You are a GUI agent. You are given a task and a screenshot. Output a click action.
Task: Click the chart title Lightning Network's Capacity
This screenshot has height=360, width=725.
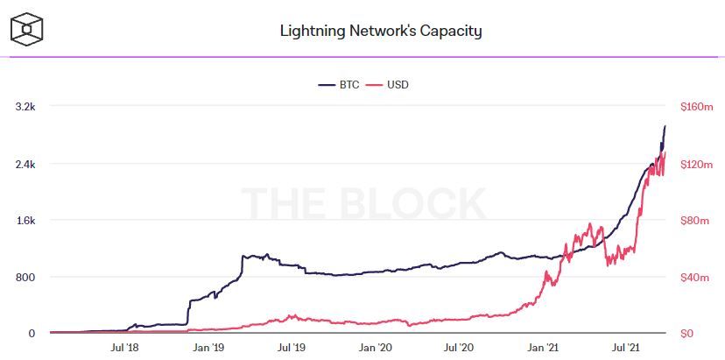tap(381, 32)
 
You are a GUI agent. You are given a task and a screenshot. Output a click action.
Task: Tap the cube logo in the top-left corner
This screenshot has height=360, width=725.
tap(27, 32)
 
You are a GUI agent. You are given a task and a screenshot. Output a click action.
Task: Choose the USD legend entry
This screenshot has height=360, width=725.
tap(390, 85)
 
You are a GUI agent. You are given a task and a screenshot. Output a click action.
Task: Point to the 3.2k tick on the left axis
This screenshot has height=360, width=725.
tap(25, 107)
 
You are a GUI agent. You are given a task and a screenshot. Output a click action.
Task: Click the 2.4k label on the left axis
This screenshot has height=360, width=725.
tap(25, 164)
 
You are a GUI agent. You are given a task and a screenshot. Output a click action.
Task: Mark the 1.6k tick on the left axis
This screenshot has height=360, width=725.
tap(25, 221)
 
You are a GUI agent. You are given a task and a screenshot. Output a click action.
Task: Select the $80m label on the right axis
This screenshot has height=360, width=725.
tap(696, 221)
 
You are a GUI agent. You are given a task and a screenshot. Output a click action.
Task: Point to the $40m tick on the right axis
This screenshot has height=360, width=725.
tap(696, 278)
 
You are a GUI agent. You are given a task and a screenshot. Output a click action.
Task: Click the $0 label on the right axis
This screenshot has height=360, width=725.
tap(688, 334)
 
